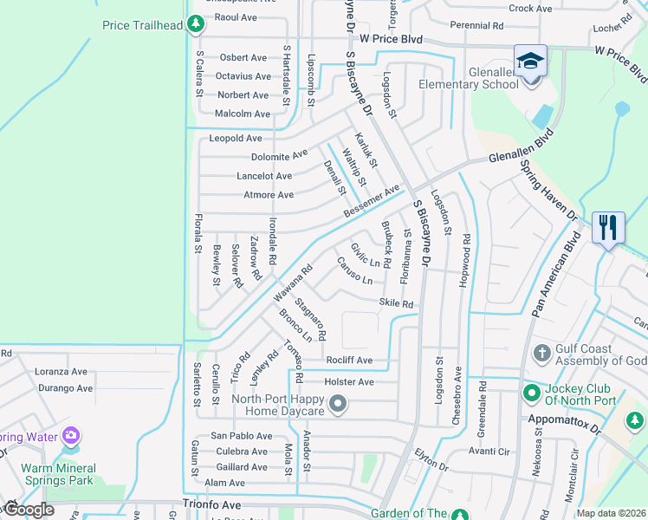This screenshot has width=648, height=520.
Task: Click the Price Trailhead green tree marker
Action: point(196,25)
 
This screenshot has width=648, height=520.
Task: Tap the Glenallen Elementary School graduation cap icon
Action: point(530,61)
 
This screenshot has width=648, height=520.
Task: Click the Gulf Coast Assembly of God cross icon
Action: point(541,353)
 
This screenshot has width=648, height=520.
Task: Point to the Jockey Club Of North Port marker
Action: point(531,393)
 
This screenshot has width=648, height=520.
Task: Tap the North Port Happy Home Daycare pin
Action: point(338,403)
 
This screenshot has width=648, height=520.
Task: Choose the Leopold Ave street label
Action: point(235,138)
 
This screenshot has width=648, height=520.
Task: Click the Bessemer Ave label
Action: point(372,201)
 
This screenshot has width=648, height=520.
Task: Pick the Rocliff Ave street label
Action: point(349,360)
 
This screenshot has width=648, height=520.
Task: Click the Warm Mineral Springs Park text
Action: point(58,473)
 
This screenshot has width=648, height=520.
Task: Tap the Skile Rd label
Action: point(396,303)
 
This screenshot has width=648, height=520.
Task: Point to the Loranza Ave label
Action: point(61,371)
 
